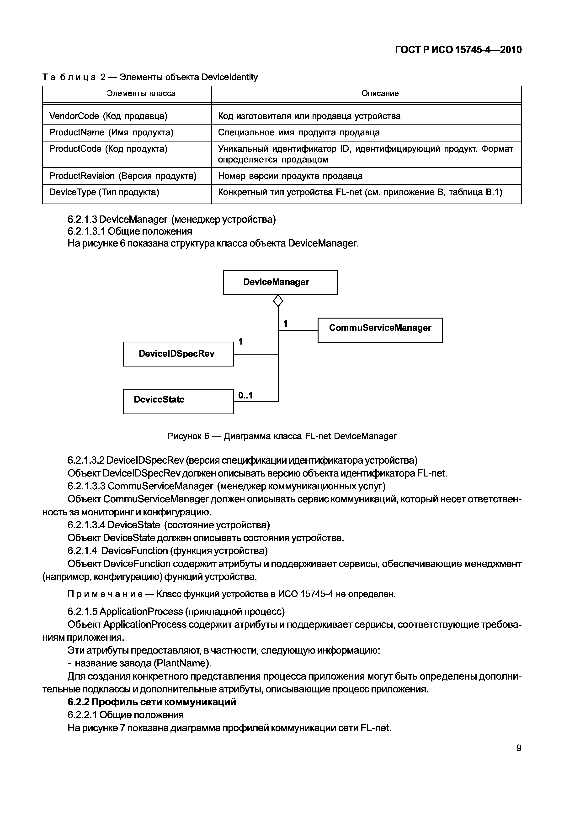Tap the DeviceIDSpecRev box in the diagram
[x=178, y=354]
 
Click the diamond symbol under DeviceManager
[x=278, y=301]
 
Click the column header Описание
[x=380, y=94]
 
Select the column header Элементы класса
[x=141, y=94]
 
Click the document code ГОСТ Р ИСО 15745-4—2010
[x=458, y=50]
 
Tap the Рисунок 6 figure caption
[x=282, y=436]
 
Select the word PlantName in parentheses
[x=182, y=663]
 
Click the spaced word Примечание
[x=105, y=594]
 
